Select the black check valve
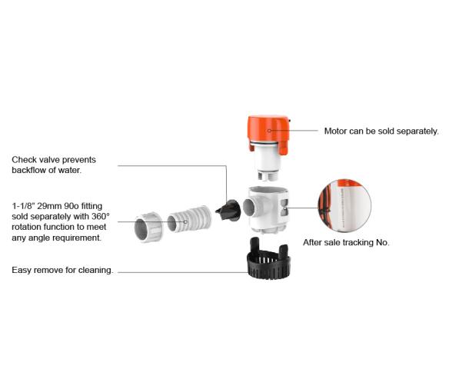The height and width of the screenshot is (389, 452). pyautogui.click(x=228, y=209)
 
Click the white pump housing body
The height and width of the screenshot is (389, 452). pyautogui.click(x=268, y=211)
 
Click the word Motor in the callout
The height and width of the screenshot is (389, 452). pyautogui.click(x=338, y=131)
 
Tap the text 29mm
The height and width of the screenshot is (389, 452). pyautogui.click(x=54, y=207)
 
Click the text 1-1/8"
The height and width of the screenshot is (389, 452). pyautogui.click(x=24, y=207)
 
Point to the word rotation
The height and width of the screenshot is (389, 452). pyautogui.click(x=28, y=228)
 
